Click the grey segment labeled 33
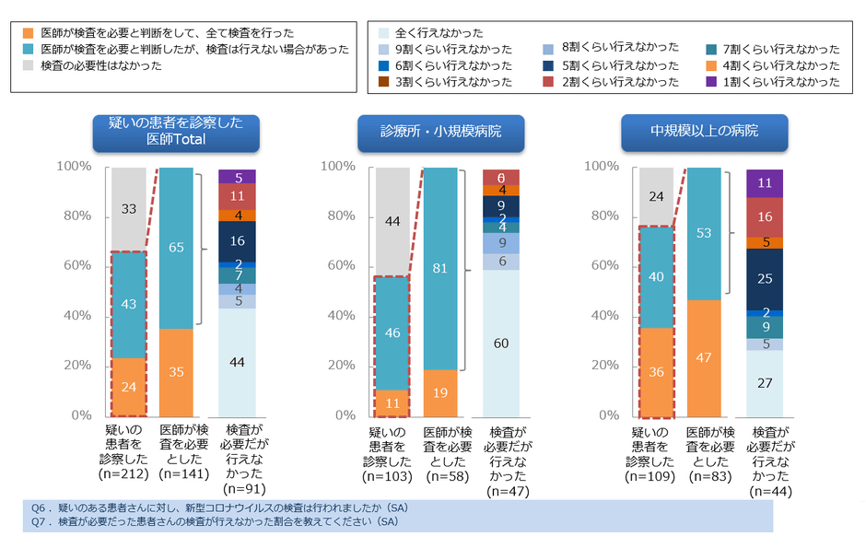129,209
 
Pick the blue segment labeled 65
177,247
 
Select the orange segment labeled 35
177,372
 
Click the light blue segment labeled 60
501,343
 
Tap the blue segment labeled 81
440,269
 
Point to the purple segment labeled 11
764,182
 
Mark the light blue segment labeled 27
764,382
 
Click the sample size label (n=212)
129,475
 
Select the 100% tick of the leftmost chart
74,167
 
